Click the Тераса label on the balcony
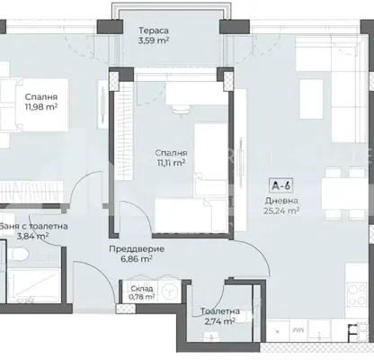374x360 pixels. tap(154, 31)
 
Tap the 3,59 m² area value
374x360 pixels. tap(154, 40)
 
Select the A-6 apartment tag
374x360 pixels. tap(280, 185)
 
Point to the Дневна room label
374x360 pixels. tap(281, 201)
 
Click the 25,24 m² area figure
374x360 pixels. tap(281, 211)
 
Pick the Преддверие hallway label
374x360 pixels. tap(137, 249)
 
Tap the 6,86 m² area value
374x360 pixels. tap(137, 258)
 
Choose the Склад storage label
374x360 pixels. tap(142, 289)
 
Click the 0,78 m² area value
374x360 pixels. tap(142, 297)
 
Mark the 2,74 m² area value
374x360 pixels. tap(219, 321)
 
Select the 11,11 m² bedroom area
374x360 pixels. tap(170, 163)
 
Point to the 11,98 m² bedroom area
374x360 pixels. tap(41, 107)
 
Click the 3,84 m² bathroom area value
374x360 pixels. tap(33, 237)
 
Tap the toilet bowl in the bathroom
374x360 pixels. tap(18, 255)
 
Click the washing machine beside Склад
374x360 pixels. tap(169, 291)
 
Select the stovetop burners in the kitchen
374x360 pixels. tap(357, 292)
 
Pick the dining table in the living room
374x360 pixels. tap(344, 193)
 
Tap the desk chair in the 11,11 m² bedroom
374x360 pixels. tap(181, 110)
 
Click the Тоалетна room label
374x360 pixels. tap(220, 311)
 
